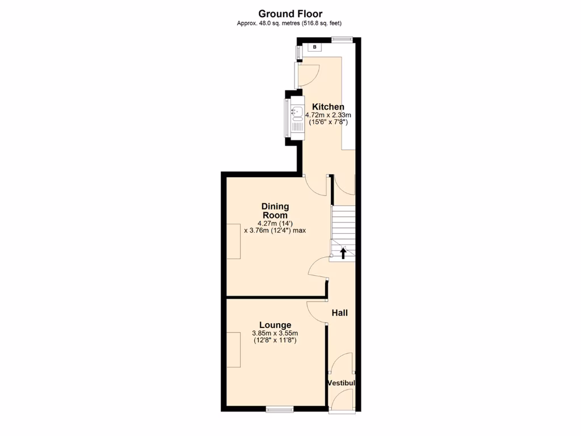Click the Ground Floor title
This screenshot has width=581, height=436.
point(290,13)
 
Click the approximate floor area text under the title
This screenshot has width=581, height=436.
point(290,23)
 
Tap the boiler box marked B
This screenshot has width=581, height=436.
point(315,47)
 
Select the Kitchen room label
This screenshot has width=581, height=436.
point(328,107)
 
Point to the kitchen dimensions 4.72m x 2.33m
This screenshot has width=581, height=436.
point(328,115)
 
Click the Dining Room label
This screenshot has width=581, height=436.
point(275,211)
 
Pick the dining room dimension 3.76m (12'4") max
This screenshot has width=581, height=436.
point(275,230)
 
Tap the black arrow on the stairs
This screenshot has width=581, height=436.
point(343,251)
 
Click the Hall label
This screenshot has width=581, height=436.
point(339,313)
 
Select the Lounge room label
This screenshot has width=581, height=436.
point(275,325)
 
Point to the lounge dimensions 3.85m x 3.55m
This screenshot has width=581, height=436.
point(275,333)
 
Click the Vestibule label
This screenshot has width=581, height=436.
point(342,383)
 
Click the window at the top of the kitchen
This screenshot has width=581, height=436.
point(342,39)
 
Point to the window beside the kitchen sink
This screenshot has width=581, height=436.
point(286,118)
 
